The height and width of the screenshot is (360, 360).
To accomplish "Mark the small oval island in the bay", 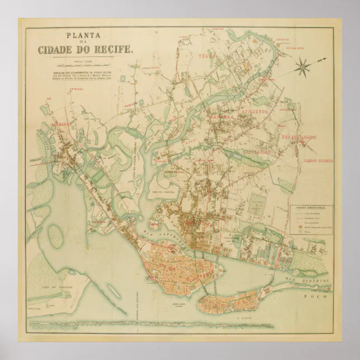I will click(55, 233).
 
